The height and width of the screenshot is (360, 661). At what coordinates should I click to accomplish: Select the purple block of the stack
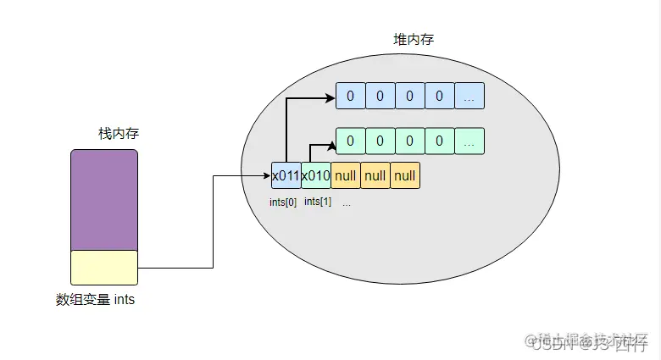pos(103,199)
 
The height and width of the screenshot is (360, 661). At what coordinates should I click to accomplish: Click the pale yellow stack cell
pos(103,267)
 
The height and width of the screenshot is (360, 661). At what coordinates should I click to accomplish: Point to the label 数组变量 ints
pos(95,300)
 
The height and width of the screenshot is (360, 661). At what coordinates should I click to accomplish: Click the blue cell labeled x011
pos(286,175)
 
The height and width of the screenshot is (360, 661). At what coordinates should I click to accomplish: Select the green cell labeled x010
pos(315,175)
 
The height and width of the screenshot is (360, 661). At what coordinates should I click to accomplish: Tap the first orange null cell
pos(345,175)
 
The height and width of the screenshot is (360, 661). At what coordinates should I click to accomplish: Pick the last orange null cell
pos(405,175)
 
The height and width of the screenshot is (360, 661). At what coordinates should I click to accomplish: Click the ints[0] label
pos(284,202)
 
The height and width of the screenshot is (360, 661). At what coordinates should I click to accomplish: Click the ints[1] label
pos(317,202)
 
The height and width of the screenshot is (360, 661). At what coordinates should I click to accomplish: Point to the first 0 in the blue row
pos(351,96)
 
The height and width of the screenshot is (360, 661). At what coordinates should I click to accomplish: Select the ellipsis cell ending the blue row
pos(469,96)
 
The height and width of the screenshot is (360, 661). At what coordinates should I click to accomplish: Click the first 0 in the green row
pos(351,140)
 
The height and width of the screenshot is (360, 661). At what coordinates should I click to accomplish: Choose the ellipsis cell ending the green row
pos(469,140)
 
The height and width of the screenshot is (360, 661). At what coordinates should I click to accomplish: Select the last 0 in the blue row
pos(439,96)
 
